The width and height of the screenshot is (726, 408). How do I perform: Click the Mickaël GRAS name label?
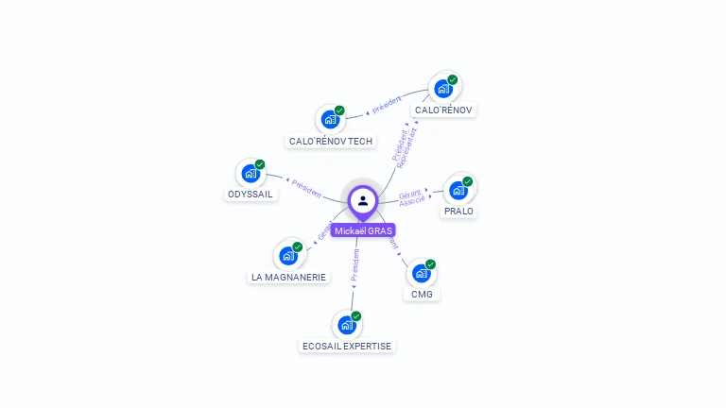coord(363,230)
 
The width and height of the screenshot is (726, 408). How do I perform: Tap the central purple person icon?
coord(363,200)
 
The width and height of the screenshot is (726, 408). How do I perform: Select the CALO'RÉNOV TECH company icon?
coord(330,120)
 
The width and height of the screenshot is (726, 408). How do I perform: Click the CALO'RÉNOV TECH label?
coord(331,142)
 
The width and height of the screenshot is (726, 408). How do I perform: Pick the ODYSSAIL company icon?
coord(251,174)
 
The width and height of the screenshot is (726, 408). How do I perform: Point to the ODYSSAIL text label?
coord(251,194)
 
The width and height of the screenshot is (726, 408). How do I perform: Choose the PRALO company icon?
coord(458,191)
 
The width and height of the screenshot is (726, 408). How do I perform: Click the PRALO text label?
coord(458,211)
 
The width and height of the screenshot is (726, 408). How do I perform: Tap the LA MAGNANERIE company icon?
coord(288,255)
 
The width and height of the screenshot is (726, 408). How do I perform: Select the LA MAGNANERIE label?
coord(288,277)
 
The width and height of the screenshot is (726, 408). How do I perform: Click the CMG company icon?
coord(422,273)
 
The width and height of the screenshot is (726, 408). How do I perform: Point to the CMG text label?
coord(422,294)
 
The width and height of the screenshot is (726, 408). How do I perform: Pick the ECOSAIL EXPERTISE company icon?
coord(347,326)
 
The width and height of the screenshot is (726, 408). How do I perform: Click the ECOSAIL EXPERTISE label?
coord(347,346)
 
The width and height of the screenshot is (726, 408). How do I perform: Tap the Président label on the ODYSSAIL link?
coord(307,187)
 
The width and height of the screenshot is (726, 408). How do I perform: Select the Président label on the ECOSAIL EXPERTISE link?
coord(354,265)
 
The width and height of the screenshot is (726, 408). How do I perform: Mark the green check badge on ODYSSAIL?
coord(260,164)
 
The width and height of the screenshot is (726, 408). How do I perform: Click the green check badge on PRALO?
coord(467,181)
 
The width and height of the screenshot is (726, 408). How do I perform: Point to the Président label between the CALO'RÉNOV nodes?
coord(387,104)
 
